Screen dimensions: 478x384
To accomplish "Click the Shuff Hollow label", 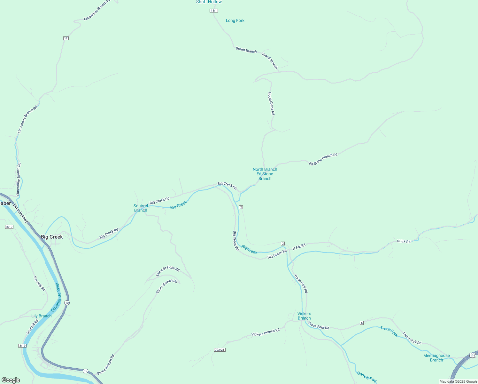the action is click(x=209, y=2).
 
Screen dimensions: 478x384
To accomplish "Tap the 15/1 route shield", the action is click(x=214, y=11).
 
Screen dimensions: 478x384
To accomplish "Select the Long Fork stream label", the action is click(x=235, y=20).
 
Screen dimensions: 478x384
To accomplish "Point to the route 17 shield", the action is click(x=66, y=38).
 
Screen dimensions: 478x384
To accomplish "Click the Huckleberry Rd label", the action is click(x=271, y=103).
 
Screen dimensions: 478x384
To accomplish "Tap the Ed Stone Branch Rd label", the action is click(x=323, y=159).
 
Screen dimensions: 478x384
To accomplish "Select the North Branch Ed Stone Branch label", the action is click(x=265, y=174).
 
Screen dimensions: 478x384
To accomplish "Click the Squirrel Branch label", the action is click(x=141, y=208).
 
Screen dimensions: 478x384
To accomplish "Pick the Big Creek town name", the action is click(x=52, y=237).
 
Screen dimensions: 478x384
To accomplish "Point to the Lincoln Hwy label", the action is click(x=21, y=212).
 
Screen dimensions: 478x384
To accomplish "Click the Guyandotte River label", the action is click(x=56, y=297).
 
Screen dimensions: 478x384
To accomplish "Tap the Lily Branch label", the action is click(x=41, y=316).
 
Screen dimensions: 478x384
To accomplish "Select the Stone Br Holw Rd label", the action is click(x=167, y=271).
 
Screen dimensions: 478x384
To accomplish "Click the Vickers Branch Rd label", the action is click(x=265, y=332).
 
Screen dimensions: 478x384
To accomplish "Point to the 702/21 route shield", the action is click(x=220, y=350).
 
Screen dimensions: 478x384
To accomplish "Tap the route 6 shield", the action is click(x=362, y=323).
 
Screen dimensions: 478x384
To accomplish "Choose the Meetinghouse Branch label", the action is click(x=436, y=358).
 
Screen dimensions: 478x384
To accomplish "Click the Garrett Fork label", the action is click(x=367, y=377).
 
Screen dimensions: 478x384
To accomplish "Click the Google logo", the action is click(x=11, y=380).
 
